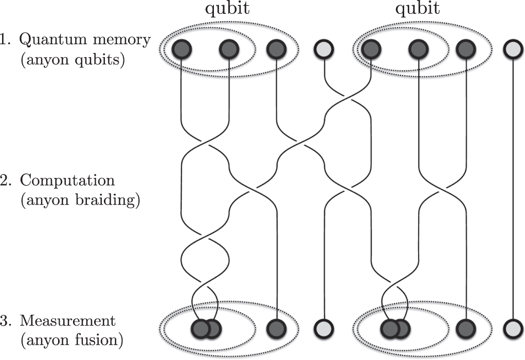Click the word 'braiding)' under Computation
pos(109,201)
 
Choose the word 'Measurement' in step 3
pos(68,321)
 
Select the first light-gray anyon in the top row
pos(324,49)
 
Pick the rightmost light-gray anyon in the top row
pos(513,49)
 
